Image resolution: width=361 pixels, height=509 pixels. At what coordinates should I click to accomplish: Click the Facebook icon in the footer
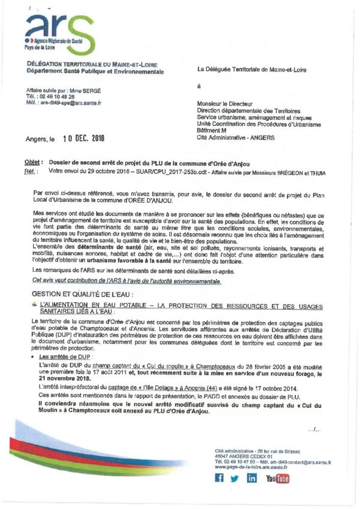click(219, 478)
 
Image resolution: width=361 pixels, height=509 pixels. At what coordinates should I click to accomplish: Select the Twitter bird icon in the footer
click(234, 478)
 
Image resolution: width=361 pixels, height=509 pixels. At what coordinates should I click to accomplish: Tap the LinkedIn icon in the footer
click(252, 478)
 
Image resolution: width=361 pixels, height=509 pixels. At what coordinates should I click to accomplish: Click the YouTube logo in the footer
click(277, 478)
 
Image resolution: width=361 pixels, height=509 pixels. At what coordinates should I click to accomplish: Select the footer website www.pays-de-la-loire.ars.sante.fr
click(252, 466)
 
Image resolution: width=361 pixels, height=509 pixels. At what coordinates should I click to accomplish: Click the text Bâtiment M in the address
click(212, 130)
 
